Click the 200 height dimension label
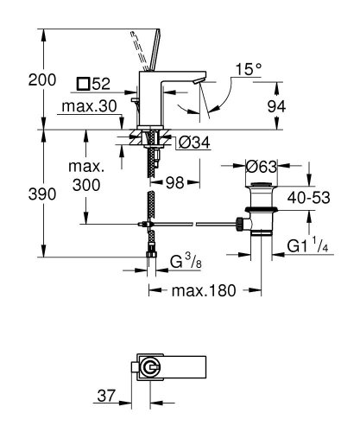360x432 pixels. pyautogui.click(x=17, y=79)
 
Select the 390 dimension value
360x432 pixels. pyautogui.click(x=17, y=194)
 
